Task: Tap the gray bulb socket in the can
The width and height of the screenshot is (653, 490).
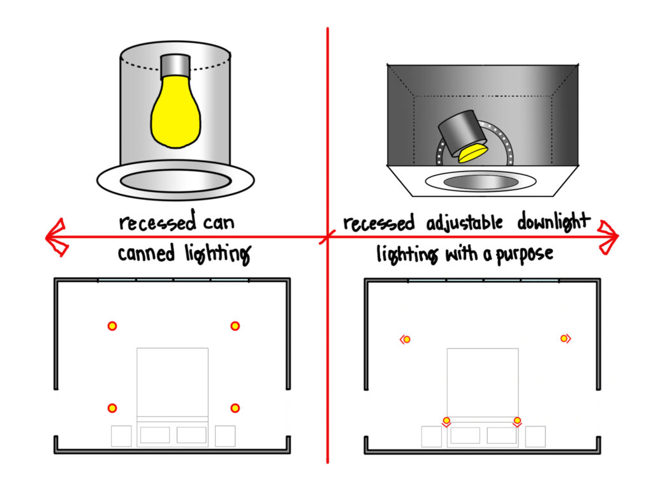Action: pos(175,65)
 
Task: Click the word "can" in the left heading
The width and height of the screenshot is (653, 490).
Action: pos(216,224)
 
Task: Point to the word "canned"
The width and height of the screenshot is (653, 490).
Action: pos(146,254)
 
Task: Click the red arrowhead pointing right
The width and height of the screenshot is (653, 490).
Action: pos(608,237)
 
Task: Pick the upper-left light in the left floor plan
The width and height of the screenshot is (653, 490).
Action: pos(112,326)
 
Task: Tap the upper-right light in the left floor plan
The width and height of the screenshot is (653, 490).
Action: pos(235,326)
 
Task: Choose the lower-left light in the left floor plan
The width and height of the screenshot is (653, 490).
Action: pos(112,408)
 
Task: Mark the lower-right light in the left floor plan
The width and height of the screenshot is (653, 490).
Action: pos(235,408)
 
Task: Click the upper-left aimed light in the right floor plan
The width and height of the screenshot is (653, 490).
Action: pos(406,339)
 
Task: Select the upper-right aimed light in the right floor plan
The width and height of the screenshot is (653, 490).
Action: pos(564,338)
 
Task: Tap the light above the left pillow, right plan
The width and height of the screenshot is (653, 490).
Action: pos(446,420)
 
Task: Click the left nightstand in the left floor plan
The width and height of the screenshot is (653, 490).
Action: pos(121,436)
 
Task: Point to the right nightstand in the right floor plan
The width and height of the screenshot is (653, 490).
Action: pos(535,436)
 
